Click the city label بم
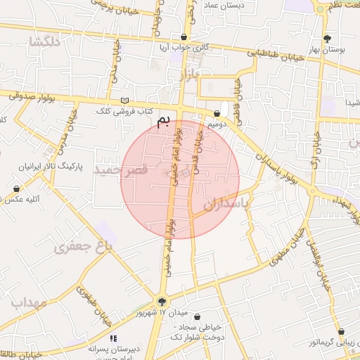(x=163, y=122)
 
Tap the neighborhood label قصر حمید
(x=124, y=170)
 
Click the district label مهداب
(x=28, y=302)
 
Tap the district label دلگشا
(x=43, y=41)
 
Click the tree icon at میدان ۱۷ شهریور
(x=163, y=300)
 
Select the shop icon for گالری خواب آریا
(x=184, y=37)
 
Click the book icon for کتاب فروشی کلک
(x=125, y=101)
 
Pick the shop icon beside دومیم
(x=217, y=113)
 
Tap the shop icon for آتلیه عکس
(x=16, y=188)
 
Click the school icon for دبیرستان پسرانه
(x=114, y=338)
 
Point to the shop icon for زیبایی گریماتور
(x=341, y=331)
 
